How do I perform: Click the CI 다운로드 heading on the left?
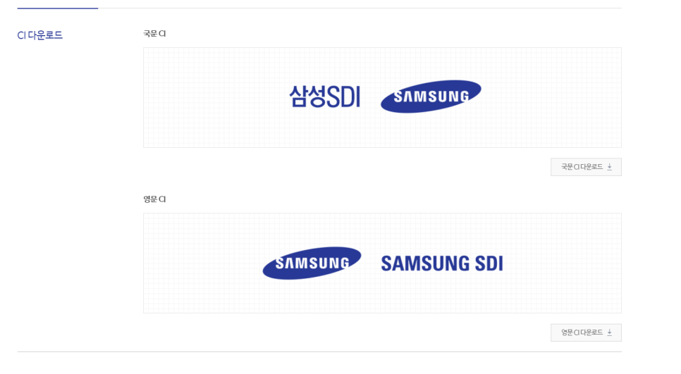click(40, 35)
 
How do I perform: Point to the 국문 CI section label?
click(154, 34)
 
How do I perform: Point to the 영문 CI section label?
click(154, 199)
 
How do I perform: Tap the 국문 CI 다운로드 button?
click(585, 167)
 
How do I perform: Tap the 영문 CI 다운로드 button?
click(585, 332)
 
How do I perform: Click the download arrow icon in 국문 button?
click(610, 167)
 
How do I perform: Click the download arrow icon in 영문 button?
click(610, 332)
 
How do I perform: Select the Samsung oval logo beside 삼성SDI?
click(431, 96)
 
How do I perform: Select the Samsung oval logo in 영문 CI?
click(312, 263)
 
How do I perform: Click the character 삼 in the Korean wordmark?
click(299, 96)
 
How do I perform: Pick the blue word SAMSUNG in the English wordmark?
click(425, 263)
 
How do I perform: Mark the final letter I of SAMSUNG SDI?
click(500, 263)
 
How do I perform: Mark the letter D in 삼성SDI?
click(346, 96)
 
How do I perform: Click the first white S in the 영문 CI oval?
click(280, 264)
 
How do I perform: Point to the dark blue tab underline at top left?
click(57, 8)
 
